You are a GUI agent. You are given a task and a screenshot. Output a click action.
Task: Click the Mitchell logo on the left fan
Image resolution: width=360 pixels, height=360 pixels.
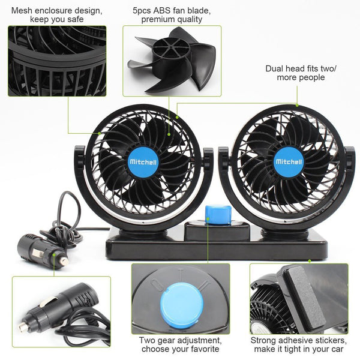pyautogui.click(x=143, y=162)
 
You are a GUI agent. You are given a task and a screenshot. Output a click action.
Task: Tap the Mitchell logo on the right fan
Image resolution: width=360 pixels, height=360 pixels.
pyautogui.click(x=289, y=161)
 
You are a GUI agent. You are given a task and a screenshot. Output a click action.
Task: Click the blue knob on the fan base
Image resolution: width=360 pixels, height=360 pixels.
pyautogui.click(x=217, y=215)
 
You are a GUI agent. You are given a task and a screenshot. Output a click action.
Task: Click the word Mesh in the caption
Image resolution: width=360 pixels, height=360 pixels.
pyautogui.click(x=21, y=11)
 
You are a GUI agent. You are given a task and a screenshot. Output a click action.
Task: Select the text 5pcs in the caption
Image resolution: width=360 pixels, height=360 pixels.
pyautogui.click(x=142, y=11)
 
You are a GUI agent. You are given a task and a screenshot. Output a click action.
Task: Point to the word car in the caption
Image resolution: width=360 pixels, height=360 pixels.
pyautogui.click(x=337, y=349)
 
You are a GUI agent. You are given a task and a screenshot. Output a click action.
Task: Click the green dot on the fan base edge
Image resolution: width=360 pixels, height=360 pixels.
pyautogui.click(x=310, y=261)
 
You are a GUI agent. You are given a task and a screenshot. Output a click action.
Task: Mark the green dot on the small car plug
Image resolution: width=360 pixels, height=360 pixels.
pyautogui.click(x=54, y=254)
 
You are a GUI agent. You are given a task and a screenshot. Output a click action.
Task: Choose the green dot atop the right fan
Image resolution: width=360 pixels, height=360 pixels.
pyautogui.click(x=297, y=106)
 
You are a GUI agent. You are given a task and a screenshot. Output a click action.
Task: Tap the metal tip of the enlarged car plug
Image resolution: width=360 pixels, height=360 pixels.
pyautogui.click(x=23, y=325)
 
